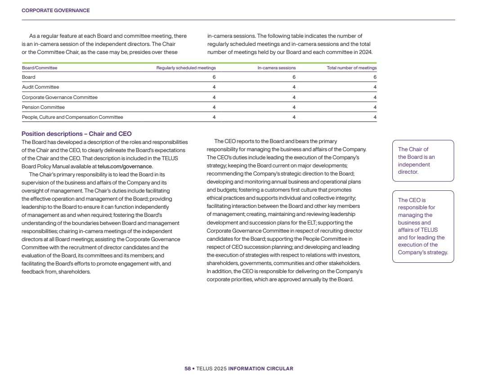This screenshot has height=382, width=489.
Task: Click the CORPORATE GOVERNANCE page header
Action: tap(55, 10)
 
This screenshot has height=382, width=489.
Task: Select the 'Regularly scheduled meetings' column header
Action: tap(186, 68)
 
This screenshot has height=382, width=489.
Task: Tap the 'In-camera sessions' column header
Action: tap(276, 68)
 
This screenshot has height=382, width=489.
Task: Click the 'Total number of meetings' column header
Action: tap(351, 68)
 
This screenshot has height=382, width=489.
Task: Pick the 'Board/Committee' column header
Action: tap(40, 68)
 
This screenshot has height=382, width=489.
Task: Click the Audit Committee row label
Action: tap(40, 87)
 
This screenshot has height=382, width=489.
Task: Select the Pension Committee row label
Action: tap(43, 107)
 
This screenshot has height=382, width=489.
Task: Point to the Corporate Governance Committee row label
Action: tap(60, 97)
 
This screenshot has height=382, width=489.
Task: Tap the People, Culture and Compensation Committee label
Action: tap(72, 117)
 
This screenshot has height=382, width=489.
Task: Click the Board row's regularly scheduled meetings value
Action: tap(214, 77)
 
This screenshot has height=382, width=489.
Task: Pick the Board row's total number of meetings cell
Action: tap(375, 77)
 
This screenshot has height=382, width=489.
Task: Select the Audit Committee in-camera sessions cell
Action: tap(294, 87)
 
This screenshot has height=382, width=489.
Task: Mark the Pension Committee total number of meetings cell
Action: tap(375, 107)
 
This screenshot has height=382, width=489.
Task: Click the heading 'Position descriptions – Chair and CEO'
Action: tap(76, 134)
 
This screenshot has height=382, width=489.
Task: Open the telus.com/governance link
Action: tap(125, 166)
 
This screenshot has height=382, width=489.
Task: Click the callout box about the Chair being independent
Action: tap(423, 161)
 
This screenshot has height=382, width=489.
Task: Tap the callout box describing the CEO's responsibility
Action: tap(423, 226)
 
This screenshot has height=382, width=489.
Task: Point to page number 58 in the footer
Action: tap(187, 369)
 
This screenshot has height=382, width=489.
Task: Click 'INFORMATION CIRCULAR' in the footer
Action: tap(260, 369)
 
